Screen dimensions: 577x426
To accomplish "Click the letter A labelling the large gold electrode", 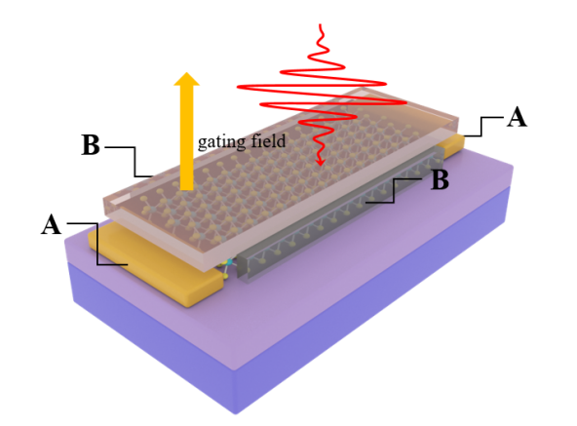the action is coord(51,224).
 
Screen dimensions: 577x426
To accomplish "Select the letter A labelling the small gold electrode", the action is coord(517,117).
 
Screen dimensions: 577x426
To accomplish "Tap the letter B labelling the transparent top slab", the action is coord(91,144).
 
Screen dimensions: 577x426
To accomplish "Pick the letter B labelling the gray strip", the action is coord(441,179).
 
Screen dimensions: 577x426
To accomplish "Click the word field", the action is coord(268,140).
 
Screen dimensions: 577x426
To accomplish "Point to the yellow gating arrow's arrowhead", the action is coord(186,79).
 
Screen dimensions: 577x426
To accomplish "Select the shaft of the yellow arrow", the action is coord(186,137).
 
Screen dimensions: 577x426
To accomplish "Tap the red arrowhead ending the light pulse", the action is coord(321,162).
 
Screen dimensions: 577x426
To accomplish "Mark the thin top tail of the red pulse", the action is coord(322,35).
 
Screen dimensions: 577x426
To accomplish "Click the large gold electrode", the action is coord(155,263).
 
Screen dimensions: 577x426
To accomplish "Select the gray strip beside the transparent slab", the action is coord(340,213).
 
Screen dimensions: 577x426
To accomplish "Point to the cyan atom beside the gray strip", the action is coord(229,262).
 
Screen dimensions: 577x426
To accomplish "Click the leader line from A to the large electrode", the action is coord(97,244).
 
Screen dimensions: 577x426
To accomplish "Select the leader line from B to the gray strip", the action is coord(394,190).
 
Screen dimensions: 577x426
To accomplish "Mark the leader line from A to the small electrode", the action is coord(481,127).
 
